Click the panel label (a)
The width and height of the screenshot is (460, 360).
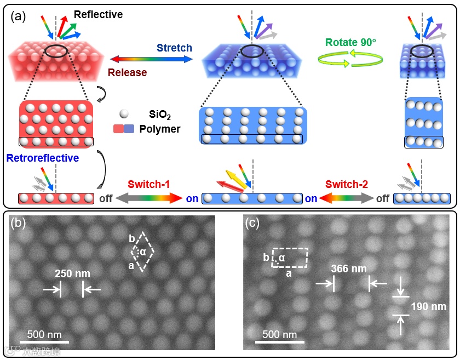pos(19,15)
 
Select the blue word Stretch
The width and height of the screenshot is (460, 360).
pos(174,48)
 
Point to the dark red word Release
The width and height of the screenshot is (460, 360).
pos(127,72)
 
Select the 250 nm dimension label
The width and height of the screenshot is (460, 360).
pos(72,273)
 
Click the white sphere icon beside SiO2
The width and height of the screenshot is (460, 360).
pos(124,113)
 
